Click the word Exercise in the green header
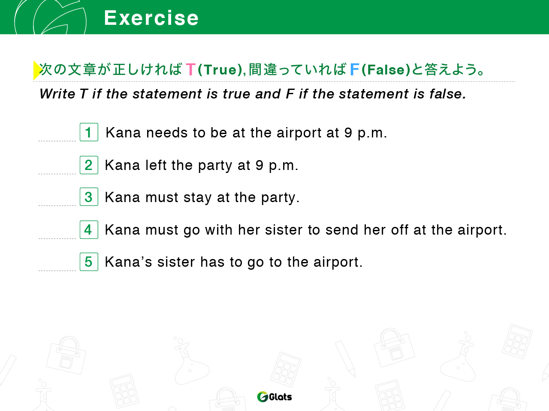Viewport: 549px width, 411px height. (151, 18)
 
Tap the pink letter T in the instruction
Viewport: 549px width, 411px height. (190, 69)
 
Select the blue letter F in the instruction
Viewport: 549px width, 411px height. (354, 69)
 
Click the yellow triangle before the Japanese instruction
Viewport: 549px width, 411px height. (37, 70)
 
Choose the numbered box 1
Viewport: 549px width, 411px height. (89, 132)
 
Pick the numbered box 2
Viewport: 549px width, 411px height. (89, 165)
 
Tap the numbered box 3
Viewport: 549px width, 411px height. (89, 197)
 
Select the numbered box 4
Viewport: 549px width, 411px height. (89, 229)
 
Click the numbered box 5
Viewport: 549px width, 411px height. (89, 262)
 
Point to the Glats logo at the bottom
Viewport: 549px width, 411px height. (274, 396)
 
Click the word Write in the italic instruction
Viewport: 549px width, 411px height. (57, 94)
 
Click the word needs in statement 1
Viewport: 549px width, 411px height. (167, 133)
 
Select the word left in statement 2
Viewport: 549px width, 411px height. (156, 165)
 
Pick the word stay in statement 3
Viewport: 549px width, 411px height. (198, 198)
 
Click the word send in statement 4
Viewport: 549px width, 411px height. (342, 230)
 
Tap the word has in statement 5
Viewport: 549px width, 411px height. (212, 262)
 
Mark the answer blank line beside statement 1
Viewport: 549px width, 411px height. (57, 141)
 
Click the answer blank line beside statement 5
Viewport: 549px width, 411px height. (57, 271)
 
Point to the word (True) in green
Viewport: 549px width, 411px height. (220, 70)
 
